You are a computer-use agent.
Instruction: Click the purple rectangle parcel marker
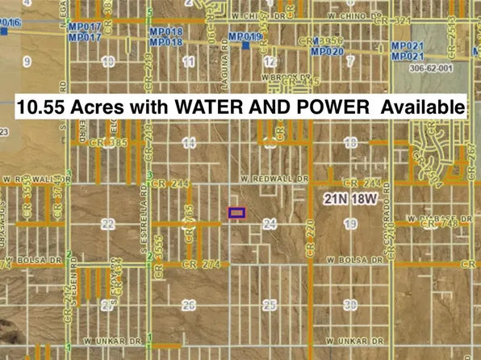pyautogui.click(x=236, y=213)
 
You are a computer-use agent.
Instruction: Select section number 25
pyautogui.click(x=270, y=305)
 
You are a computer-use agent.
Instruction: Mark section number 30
pyautogui.click(x=349, y=305)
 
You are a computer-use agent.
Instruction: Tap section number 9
pyautogui.click(x=27, y=61)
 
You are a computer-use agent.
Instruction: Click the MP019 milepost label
pyautogui.click(x=245, y=37)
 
